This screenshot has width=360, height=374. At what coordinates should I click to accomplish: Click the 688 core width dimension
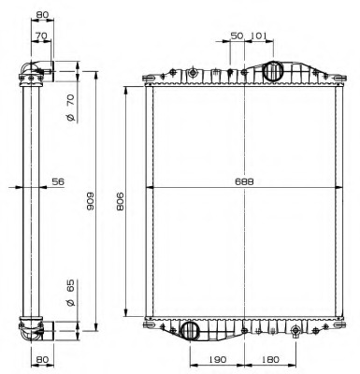click(x=244, y=182)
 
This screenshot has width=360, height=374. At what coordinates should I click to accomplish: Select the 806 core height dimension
click(x=120, y=201)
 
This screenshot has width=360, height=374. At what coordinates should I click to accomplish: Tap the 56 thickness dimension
click(x=57, y=182)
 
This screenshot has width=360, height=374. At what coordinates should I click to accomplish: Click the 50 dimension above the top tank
click(x=237, y=35)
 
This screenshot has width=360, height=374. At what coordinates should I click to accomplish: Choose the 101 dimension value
click(x=259, y=35)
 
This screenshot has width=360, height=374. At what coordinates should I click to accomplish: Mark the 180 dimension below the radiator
click(x=270, y=359)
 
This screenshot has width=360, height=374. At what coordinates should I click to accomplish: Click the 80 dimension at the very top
click(x=42, y=15)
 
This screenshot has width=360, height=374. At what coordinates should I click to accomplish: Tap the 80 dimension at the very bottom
click(x=42, y=359)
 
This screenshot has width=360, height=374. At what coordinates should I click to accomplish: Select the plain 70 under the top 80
click(x=42, y=36)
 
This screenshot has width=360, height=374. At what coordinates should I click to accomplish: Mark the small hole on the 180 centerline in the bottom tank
click(x=295, y=331)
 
